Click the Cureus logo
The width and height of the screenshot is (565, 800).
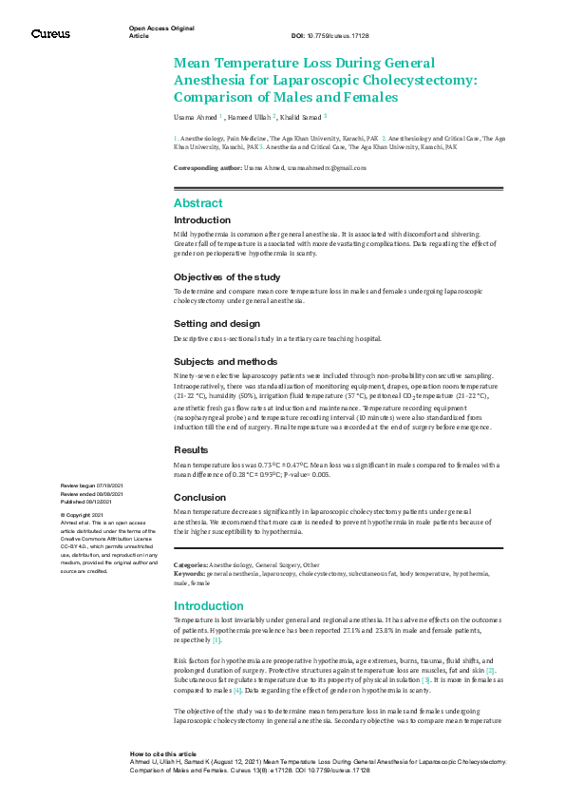(50, 33)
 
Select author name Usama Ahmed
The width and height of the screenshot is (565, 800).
(195, 117)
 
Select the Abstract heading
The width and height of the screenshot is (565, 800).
(198, 203)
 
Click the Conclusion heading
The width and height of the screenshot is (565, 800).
(199, 497)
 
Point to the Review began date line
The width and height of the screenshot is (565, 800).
(92, 486)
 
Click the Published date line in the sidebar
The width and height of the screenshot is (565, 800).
(90, 502)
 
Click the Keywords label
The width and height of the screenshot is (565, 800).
(189, 574)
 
